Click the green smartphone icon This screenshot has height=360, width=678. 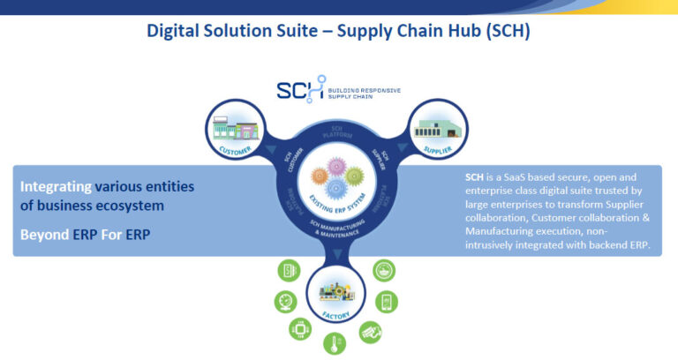[x=385, y=302]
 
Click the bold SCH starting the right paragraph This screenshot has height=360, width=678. [x=476, y=176]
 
